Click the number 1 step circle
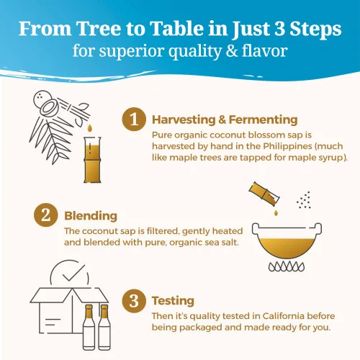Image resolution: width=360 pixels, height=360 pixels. tap(134, 119)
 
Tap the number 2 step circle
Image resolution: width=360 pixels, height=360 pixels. tap(46, 215)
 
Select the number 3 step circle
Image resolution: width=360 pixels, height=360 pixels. tap(134, 301)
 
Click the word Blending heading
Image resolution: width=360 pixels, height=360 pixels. tap(91, 216)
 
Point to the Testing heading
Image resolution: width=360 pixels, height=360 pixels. tap(173, 301)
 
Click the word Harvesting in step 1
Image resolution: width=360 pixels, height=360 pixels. tap(184, 120)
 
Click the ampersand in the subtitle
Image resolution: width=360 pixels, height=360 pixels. tap(231, 51)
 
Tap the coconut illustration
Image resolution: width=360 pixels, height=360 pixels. tap(46, 103)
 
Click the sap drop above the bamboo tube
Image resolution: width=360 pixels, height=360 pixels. tap(89, 128)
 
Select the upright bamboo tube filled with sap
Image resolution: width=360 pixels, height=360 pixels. tap(92, 160)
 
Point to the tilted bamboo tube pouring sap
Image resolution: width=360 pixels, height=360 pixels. tap(264, 194)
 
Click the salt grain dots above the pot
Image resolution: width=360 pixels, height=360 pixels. tap(304, 200)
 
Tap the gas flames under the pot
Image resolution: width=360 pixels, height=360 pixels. tap(287, 266)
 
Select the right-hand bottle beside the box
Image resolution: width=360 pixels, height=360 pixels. tap(104, 327)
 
